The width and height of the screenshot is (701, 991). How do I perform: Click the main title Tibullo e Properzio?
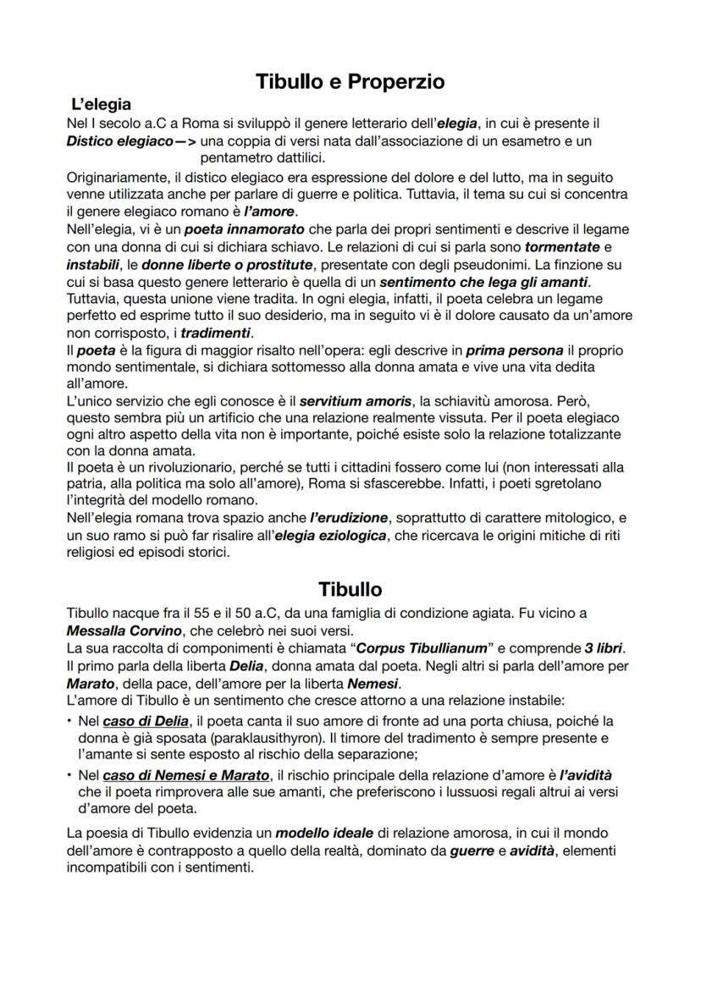(x=350, y=82)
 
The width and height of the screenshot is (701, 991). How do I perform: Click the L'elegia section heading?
(x=101, y=105)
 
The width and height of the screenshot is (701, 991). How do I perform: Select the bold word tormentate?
(x=560, y=247)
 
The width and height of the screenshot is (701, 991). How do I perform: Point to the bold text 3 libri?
(x=609, y=648)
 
